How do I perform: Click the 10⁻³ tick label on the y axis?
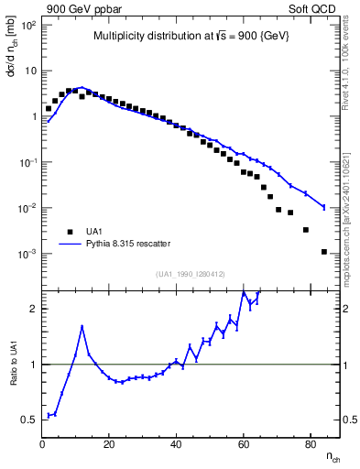click(x=27, y=254)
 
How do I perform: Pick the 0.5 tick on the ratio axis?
click(x=29, y=420)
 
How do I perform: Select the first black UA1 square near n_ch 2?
click(x=49, y=108)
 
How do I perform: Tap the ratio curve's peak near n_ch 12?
click(x=82, y=326)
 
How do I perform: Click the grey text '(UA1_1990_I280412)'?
click(x=191, y=274)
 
